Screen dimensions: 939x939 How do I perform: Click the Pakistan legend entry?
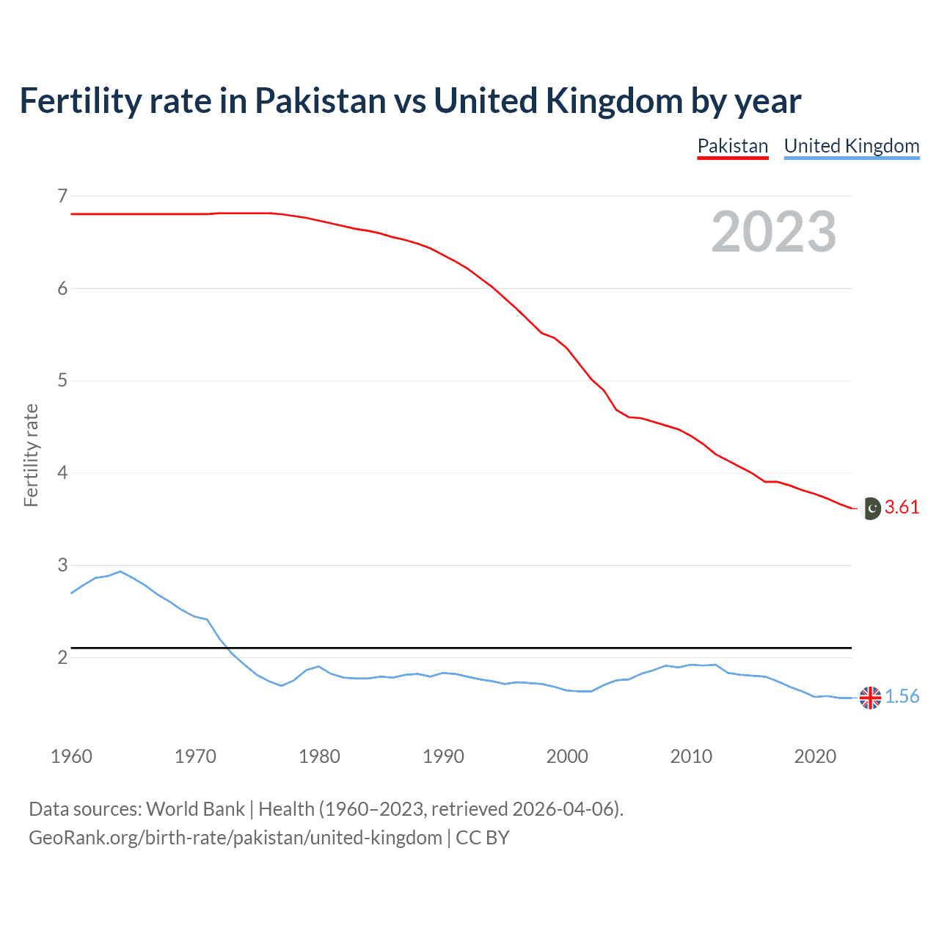coord(732,146)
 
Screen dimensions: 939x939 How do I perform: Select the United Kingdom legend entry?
coord(851,146)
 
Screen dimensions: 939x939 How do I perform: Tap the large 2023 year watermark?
coord(773,232)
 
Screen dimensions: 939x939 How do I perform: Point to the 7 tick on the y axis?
coord(62,196)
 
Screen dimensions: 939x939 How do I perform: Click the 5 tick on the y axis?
coord(62,381)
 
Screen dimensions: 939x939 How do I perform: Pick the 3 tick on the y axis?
coord(62,565)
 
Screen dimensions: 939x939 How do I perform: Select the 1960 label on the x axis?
coord(71,756)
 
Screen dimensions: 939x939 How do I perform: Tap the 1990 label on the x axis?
coord(443,756)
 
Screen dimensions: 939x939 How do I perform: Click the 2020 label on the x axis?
coord(815,756)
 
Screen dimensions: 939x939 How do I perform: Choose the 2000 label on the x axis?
coord(567,756)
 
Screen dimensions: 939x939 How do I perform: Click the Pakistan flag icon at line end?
coord(870,508)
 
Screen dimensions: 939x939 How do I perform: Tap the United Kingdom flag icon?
coord(870,698)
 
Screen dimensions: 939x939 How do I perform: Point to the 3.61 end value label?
coord(902,508)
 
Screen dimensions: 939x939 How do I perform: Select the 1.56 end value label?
coord(902,697)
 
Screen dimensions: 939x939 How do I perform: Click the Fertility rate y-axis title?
coord(31,455)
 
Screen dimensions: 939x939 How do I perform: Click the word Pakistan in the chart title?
coord(320,101)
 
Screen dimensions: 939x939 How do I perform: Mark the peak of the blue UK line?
coord(120,571)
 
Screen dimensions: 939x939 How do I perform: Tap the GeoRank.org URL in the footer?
coord(235,838)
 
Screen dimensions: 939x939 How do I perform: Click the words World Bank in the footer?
coord(195,809)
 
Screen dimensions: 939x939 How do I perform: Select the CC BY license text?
coord(482,838)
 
